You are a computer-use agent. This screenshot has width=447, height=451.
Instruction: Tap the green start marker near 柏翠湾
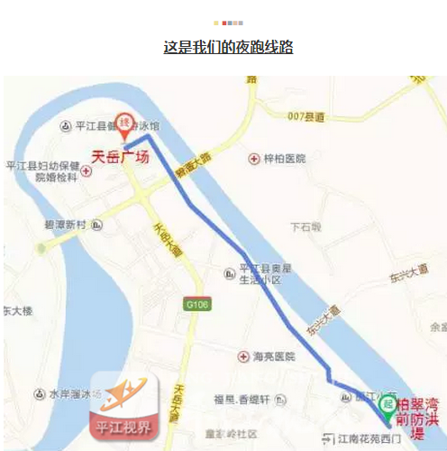(388, 405)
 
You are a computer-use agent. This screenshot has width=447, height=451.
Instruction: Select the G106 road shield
(197, 304)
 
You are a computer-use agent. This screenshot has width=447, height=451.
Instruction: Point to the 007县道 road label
(306, 116)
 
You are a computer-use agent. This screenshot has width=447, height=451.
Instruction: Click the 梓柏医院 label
(284, 158)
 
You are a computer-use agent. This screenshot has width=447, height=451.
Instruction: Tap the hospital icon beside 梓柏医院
(255, 158)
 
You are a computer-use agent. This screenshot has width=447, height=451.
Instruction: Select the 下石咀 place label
(306, 226)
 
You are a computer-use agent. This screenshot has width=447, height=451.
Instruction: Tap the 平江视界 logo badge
(126, 410)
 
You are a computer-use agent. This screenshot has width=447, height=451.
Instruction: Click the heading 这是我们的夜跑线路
(228, 47)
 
